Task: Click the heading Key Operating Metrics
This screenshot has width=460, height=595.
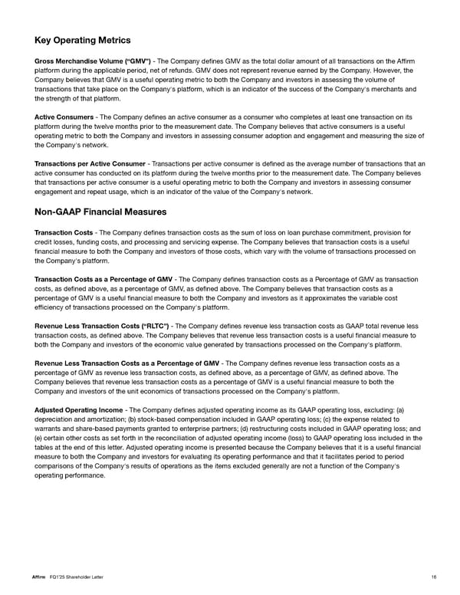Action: click(83, 41)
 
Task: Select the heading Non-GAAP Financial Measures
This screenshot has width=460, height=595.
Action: click(100, 212)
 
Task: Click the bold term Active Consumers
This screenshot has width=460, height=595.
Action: click(64, 117)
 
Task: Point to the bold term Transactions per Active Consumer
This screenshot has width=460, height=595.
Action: click(90, 164)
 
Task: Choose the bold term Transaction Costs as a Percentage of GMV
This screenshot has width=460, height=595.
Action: click(103, 278)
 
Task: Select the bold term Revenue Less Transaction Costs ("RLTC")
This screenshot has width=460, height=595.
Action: click(102, 326)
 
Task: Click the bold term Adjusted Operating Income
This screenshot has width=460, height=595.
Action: click(77, 409)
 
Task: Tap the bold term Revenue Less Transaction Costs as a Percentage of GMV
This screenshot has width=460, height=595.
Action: click(127, 363)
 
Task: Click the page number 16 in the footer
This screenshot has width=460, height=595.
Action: click(433, 576)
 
